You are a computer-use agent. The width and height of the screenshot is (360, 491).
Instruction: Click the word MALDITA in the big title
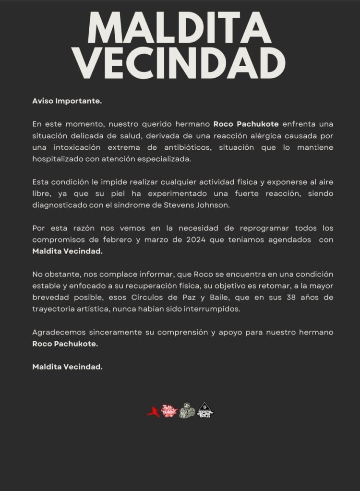[180, 29]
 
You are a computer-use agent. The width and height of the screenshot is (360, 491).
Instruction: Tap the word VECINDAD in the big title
[180, 63]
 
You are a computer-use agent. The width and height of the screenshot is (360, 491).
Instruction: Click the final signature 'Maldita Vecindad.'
[67, 367]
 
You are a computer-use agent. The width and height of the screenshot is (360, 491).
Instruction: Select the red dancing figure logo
[153, 412]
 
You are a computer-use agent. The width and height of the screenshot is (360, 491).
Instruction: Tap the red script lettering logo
[169, 410]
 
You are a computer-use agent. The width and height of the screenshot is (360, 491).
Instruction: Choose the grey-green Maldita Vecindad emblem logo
[187, 410]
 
